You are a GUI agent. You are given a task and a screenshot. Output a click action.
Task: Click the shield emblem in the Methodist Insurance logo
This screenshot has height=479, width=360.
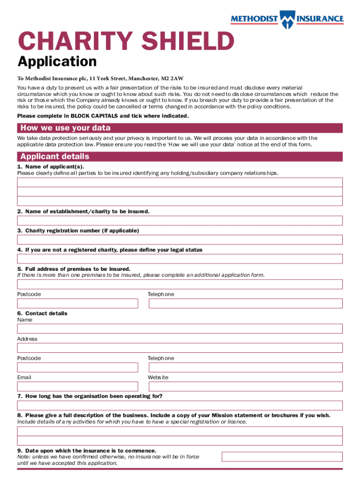[x=287, y=19]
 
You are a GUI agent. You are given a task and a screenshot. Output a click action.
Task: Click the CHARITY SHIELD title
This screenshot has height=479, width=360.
[x=125, y=42]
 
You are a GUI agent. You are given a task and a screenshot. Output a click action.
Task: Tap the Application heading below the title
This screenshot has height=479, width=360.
[x=57, y=61]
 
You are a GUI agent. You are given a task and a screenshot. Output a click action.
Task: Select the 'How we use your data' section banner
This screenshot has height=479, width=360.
[x=180, y=128]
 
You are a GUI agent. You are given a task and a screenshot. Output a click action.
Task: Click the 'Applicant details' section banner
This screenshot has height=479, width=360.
[x=180, y=156]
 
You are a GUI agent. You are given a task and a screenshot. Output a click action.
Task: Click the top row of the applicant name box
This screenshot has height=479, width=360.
[x=180, y=182]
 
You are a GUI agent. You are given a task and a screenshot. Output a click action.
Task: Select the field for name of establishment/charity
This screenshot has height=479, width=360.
[x=180, y=221]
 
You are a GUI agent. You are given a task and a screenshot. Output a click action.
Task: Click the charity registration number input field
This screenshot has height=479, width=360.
[x=180, y=240]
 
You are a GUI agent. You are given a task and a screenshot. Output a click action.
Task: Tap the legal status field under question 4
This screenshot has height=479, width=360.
[x=180, y=259]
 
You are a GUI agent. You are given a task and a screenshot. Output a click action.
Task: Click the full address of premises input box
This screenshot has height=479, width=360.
[x=180, y=284]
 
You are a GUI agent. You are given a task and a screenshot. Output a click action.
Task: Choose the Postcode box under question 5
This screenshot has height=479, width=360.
[x=78, y=304]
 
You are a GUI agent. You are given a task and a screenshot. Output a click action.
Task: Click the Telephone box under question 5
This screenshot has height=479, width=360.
[x=245, y=304]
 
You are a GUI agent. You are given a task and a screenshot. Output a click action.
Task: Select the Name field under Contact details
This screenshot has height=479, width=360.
[x=180, y=329]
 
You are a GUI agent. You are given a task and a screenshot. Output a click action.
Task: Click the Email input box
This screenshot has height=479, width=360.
[x=78, y=386]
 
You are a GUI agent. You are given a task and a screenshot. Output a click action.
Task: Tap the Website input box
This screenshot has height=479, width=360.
[x=245, y=386]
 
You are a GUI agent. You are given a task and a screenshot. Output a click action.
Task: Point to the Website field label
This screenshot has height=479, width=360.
[x=158, y=377]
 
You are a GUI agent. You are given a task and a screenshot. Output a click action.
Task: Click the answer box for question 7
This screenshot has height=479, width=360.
[x=180, y=406]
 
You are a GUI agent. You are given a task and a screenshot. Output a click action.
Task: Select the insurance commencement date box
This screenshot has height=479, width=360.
[x=282, y=457]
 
